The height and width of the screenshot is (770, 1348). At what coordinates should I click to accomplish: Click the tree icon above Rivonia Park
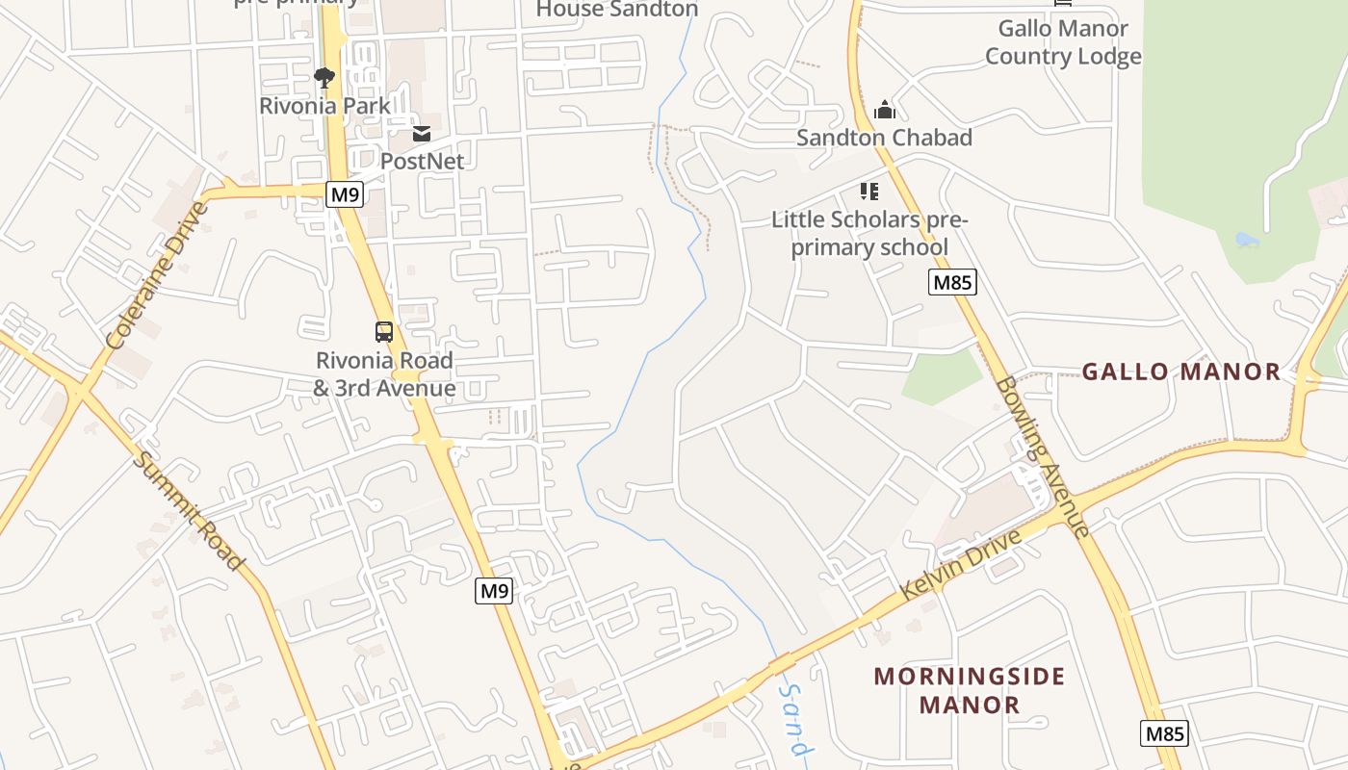point(324,77)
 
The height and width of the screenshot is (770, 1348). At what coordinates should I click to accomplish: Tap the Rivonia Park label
point(324,105)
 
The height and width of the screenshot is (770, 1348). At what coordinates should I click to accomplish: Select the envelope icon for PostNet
point(422,133)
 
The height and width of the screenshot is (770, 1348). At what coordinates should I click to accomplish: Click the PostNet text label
point(422,161)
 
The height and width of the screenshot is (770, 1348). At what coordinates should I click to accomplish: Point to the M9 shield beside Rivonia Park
point(344,194)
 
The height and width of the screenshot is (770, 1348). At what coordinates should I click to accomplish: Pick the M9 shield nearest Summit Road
point(494,590)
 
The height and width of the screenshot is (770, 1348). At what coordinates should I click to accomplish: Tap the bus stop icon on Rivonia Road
point(384,332)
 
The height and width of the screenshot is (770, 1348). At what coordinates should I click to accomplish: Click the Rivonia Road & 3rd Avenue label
point(384,374)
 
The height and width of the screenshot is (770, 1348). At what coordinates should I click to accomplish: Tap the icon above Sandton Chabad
point(884,110)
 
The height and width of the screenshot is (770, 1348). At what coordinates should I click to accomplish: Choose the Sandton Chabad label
point(884,138)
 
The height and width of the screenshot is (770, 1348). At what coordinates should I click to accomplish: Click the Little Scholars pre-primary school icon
point(869,192)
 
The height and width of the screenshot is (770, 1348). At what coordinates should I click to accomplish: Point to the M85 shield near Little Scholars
point(952,282)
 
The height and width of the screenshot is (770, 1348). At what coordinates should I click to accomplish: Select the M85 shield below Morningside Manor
point(1164,733)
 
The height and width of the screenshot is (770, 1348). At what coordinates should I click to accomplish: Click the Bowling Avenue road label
point(1043,455)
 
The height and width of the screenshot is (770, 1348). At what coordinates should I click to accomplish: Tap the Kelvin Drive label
point(959,565)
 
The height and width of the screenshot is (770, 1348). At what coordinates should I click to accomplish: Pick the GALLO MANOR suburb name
point(1181,372)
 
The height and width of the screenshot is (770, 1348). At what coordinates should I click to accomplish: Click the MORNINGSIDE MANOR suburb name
point(969,690)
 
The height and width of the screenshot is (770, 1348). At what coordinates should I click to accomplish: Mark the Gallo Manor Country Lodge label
point(1063,42)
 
